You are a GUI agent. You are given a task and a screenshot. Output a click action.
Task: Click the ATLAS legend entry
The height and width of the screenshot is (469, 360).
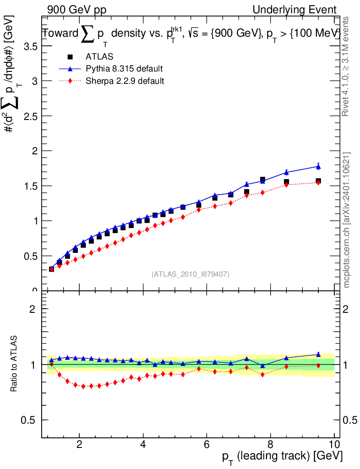coord(99,57)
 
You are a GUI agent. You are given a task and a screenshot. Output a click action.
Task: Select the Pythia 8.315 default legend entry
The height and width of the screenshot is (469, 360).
coord(124,69)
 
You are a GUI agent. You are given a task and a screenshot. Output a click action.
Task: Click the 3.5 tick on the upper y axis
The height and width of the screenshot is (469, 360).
coord(28,46)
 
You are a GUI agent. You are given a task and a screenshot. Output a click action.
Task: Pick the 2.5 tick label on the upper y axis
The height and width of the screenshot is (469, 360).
coord(28,116)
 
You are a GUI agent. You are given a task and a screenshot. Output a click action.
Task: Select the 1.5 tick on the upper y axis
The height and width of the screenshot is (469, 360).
coord(28,186)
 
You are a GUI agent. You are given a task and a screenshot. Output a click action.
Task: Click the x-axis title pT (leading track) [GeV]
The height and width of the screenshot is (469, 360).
coord(281,457)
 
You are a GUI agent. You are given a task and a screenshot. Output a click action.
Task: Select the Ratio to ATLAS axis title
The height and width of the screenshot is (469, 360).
coord(14,364)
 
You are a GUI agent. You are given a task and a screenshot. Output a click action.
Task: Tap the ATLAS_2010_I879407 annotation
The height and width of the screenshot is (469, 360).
coord(191,274)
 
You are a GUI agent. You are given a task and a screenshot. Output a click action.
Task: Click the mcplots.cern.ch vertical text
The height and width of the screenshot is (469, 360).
coord(347,219)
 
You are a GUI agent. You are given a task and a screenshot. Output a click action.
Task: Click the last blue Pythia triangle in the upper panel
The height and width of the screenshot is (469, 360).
coord(318,166)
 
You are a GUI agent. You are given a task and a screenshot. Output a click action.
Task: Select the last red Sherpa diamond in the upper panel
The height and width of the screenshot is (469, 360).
coord(318,182)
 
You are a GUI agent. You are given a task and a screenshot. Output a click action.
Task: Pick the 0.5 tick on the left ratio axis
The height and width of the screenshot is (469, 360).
coord(28,420)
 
